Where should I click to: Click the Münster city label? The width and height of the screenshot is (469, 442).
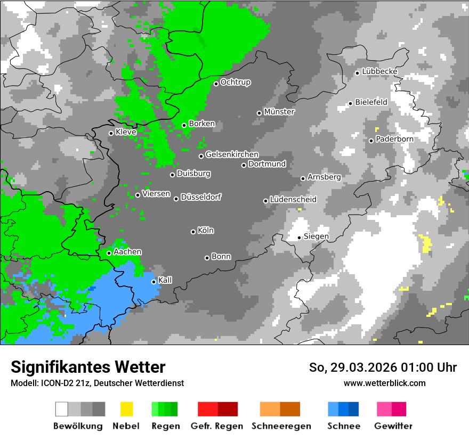(x=279, y=112)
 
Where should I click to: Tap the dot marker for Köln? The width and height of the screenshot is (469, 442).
(x=193, y=232)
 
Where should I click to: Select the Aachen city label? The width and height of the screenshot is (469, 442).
(x=127, y=252)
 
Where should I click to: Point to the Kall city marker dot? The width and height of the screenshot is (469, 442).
(x=153, y=282)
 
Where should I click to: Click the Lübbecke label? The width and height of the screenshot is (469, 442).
(x=380, y=71)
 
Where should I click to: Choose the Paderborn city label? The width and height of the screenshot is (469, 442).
(x=394, y=139)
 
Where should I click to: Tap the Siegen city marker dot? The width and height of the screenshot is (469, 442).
(x=299, y=238)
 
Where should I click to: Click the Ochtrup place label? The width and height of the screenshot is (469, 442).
(x=236, y=82)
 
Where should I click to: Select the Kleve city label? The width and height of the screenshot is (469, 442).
(x=126, y=132)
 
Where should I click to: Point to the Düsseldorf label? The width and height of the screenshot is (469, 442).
(x=201, y=197)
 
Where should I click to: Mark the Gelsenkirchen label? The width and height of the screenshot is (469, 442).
(x=232, y=154)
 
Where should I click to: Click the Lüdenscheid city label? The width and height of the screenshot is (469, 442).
(x=293, y=199)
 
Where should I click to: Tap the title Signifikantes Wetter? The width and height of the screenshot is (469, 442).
(x=88, y=367)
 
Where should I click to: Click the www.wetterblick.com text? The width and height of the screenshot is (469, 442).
(x=385, y=383)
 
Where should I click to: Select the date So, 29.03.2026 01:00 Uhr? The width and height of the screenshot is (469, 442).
(x=383, y=367)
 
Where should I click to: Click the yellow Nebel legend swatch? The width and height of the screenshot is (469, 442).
(x=126, y=409)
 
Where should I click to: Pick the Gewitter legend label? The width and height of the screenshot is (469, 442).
(x=393, y=426)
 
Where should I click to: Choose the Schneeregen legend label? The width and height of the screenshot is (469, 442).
(x=281, y=426)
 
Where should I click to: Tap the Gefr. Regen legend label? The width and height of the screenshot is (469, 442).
(x=217, y=426)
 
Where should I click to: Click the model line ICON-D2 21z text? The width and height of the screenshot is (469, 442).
(x=97, y=383)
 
